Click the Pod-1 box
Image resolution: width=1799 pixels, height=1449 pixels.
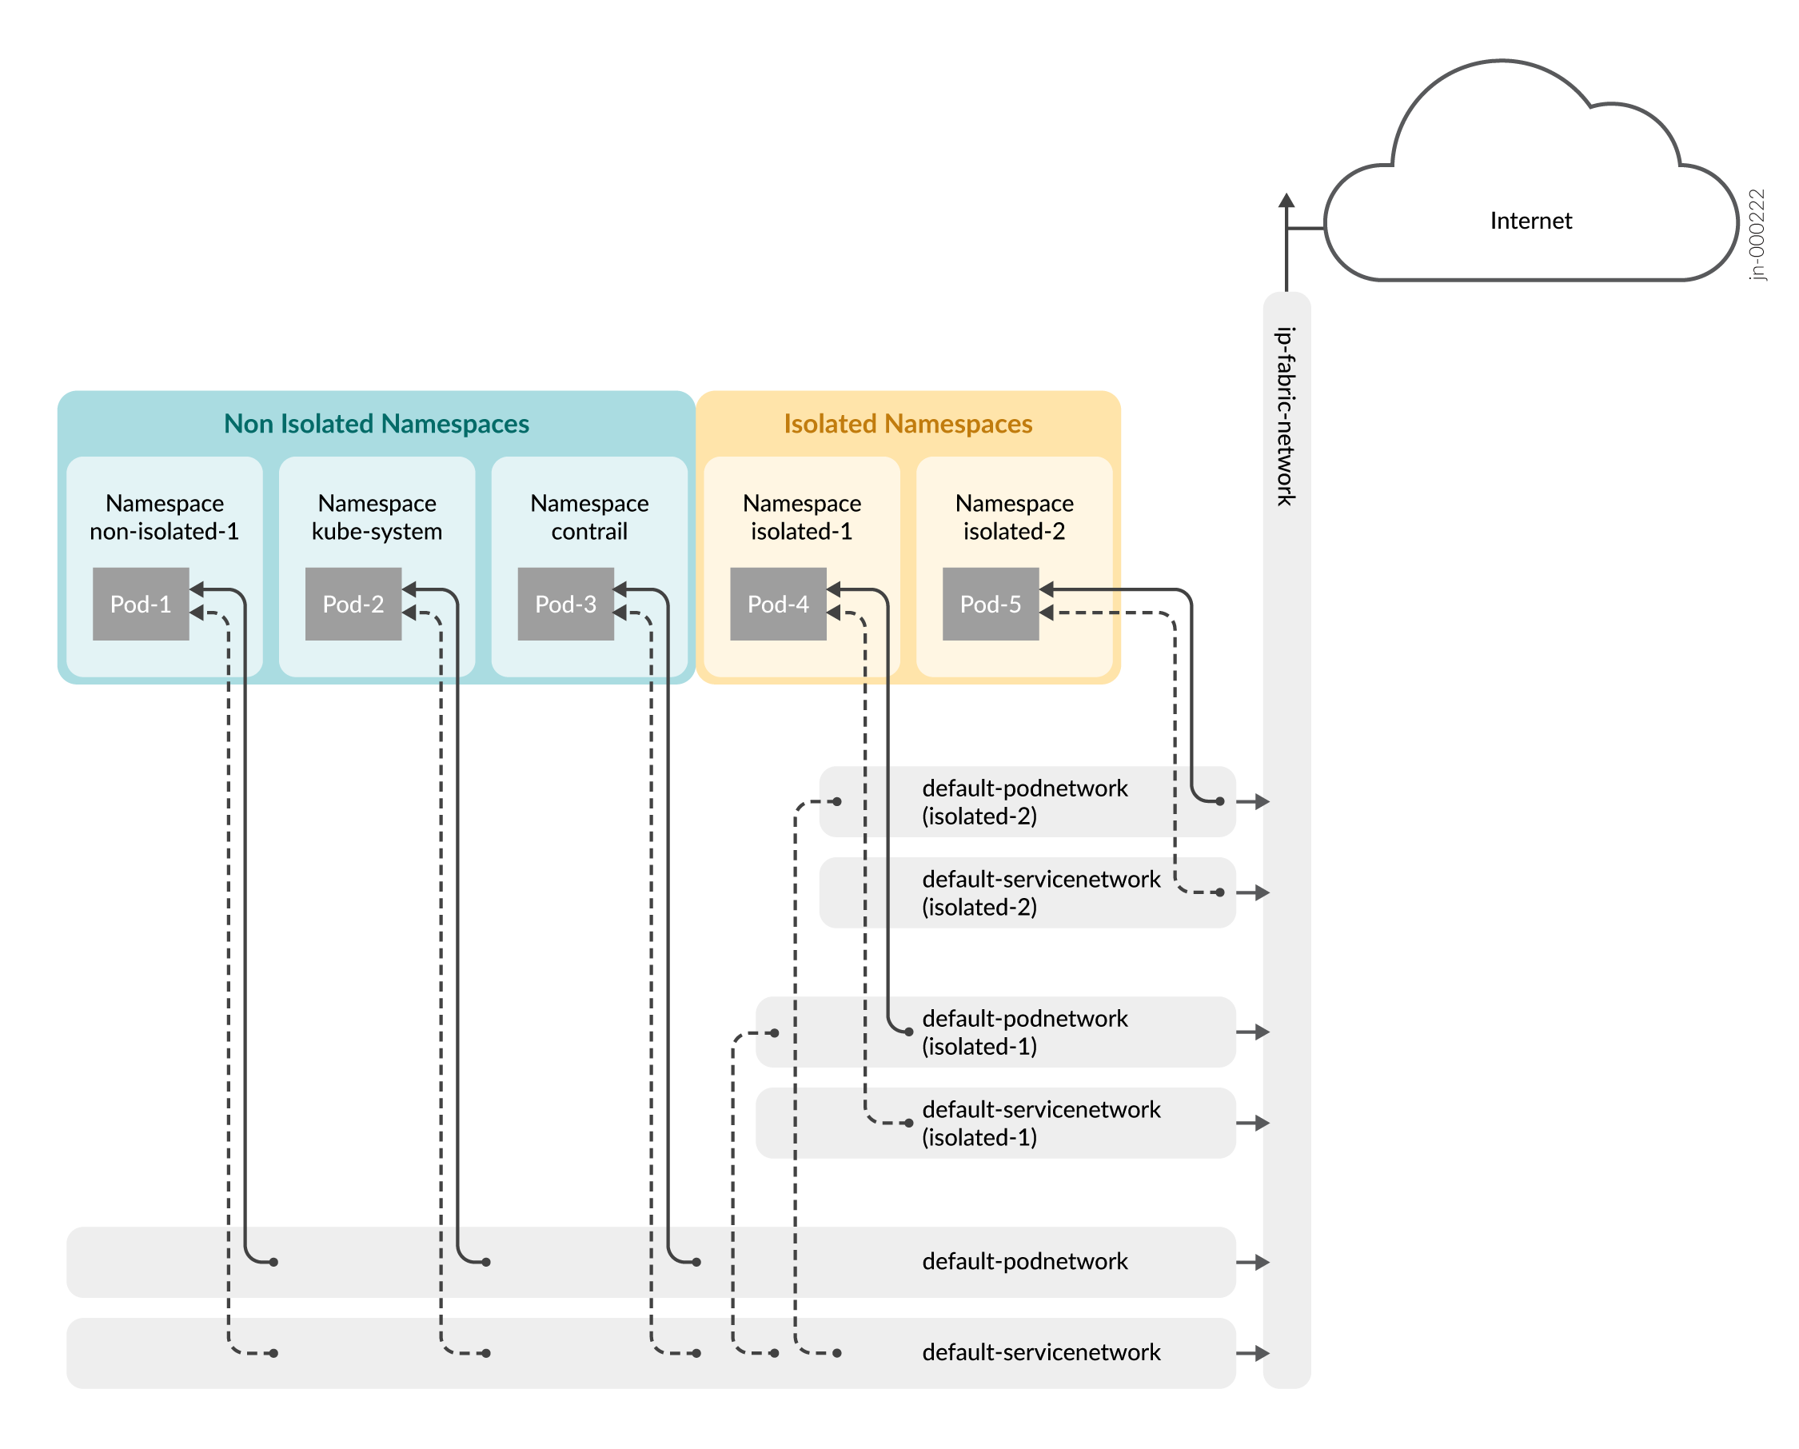(140, 605)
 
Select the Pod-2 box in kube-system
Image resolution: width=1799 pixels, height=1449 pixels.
(353, 605)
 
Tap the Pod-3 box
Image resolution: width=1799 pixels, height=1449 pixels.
(566, 605)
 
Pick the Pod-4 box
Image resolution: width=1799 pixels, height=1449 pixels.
(778, 605)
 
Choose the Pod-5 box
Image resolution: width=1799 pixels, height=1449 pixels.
(991, 605)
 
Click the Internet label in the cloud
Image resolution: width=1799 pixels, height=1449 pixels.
(1530, 222)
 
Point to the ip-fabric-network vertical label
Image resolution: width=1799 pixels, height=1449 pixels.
(1286, 416)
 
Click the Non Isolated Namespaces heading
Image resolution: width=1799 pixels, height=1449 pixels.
(377, 424)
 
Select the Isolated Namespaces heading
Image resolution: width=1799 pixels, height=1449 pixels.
(907, 424)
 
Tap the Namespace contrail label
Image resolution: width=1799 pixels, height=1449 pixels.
(589, 517)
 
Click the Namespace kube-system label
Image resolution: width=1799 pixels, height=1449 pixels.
(377, 517)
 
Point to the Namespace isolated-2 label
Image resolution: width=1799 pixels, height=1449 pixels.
(1014, 517)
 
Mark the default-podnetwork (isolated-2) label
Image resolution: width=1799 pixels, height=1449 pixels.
(1025, 802)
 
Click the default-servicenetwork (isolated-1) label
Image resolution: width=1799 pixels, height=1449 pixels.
(1040, 1124)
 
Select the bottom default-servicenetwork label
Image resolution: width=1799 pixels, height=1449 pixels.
(1040, 1352)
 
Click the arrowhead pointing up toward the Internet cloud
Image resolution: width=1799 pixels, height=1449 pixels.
(1286, 201)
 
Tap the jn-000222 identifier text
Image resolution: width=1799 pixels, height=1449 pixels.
(1757, 234)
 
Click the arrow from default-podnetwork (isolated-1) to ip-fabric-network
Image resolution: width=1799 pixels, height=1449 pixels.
(1253, 1032)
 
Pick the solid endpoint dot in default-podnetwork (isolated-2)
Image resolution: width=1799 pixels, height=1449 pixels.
(1220, 801)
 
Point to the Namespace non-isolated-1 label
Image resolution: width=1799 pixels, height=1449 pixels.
(165, 517)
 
